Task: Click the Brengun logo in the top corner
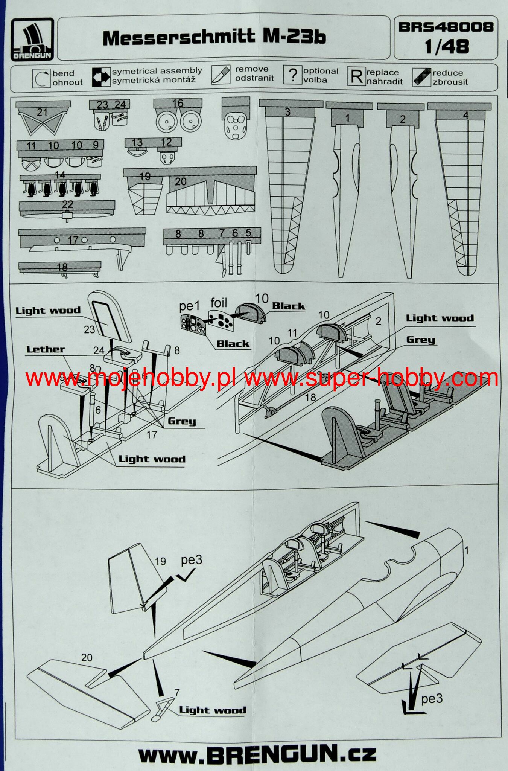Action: pos(32,39)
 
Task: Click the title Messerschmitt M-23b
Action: pos(214,37)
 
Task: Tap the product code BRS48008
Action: pos(446,27)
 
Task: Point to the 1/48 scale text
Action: pos(447,47)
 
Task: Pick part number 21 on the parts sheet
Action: pos(42,112)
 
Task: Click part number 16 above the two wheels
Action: pos(178,103)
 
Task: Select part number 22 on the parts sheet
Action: pos(67,204)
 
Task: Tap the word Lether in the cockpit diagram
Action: pos(46,349)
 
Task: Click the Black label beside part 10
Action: pos(288,306)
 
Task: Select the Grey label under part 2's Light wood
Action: pos(420,340)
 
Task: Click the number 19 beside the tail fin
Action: pos(160,561)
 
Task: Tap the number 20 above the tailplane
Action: pos(87,658)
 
